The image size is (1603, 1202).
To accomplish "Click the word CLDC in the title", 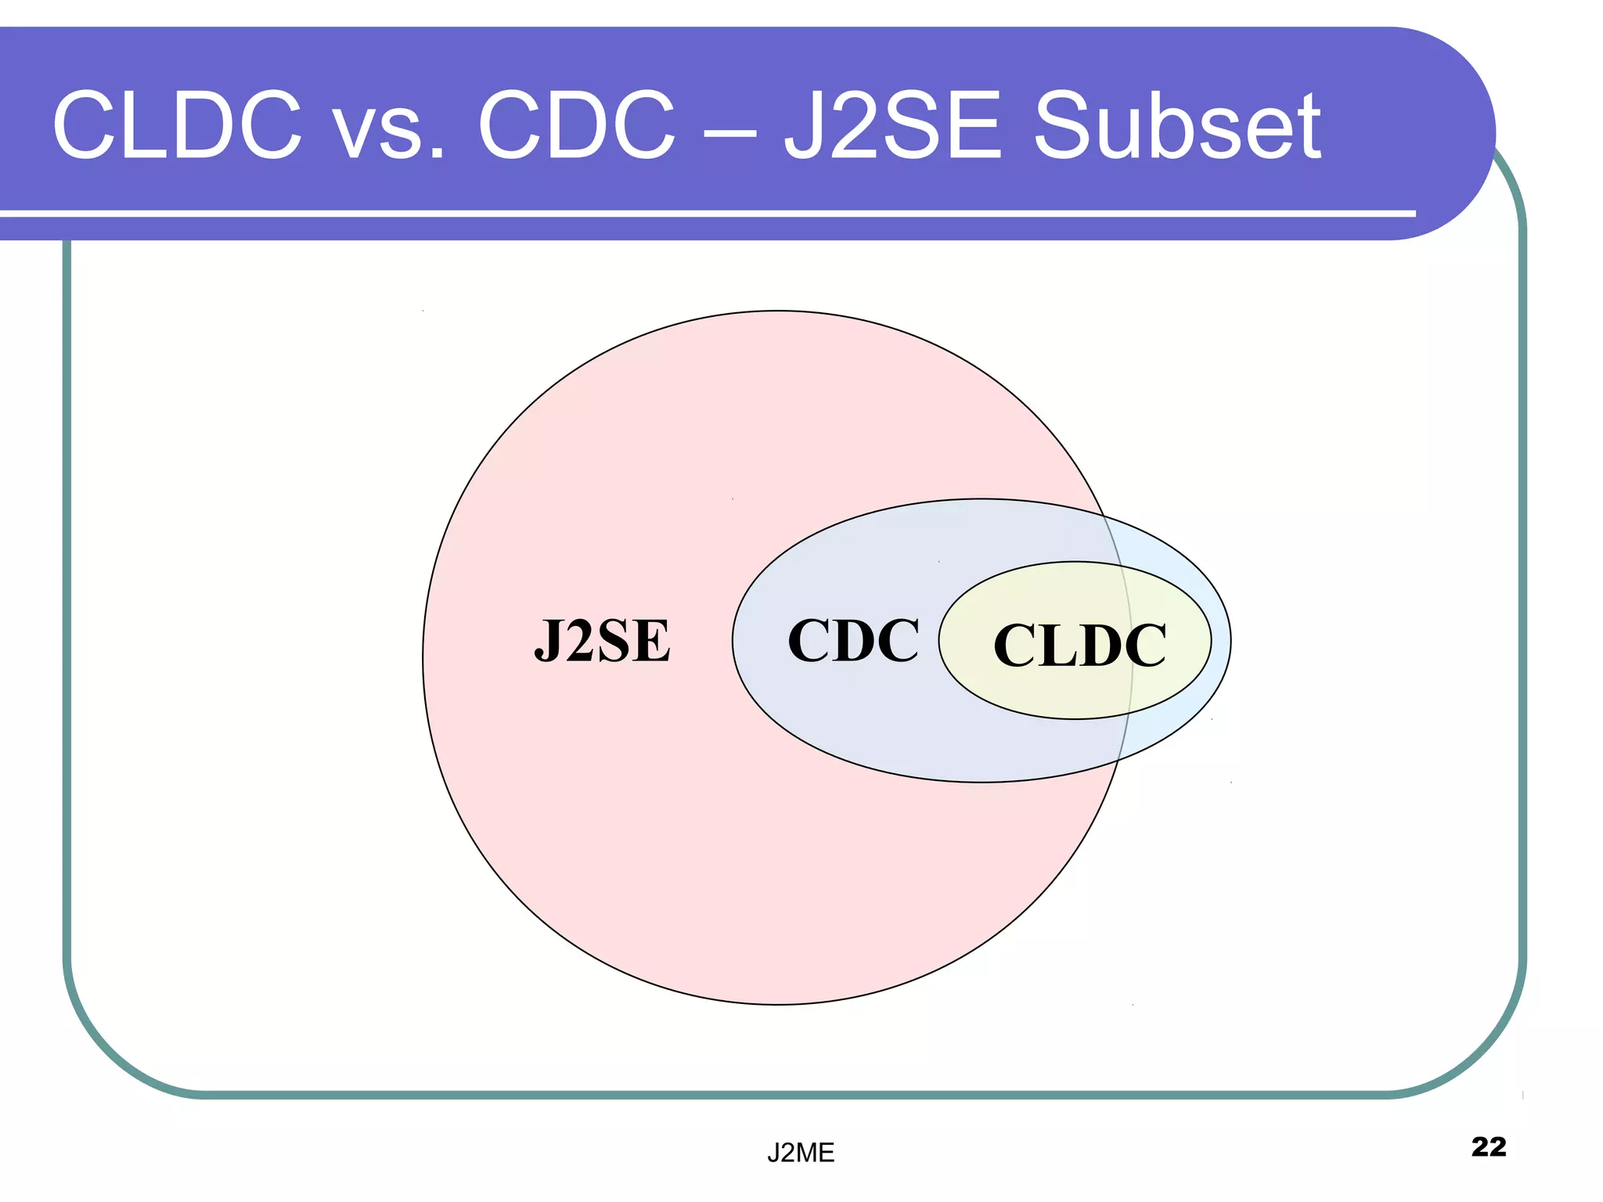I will tap(177, 125).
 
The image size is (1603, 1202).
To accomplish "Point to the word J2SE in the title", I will tap(892, 125).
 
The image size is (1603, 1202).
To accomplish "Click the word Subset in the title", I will tap(1177, 125).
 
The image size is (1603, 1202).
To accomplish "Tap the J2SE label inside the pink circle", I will tap(602, 641).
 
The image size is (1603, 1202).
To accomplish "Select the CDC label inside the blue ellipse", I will tap(853, 641).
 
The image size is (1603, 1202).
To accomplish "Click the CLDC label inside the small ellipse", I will tap(1079, 646).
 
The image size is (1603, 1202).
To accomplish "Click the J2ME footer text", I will tap(800, 1153).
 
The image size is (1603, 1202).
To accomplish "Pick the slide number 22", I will tap(1488, 1146).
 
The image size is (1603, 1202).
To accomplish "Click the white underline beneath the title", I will tap(704, 213).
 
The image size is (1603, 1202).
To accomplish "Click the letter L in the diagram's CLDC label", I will tap(1047, 646).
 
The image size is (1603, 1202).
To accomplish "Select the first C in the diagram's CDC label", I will tap(809, 641).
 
